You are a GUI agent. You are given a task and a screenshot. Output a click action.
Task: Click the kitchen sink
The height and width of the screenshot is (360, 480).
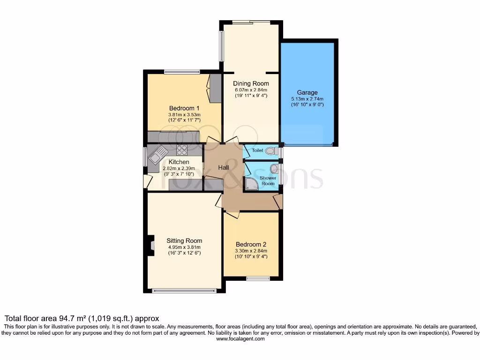point(157,155)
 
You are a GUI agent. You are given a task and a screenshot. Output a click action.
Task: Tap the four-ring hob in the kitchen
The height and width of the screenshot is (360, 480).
point(182,150)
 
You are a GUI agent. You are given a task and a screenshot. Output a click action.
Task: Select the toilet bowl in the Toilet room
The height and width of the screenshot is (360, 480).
point(270,151)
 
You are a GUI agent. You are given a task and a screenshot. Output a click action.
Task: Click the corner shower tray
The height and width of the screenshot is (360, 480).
point(251,184)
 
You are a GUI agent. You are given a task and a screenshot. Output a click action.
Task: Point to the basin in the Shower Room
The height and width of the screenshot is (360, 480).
point(274,168)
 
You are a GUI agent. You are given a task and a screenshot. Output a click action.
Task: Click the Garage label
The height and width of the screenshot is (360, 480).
point(307,93)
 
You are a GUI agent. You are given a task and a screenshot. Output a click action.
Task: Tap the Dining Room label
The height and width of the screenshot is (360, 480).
point(251,83)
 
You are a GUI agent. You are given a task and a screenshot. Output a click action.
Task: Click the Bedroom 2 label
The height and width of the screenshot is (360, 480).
point(251,244)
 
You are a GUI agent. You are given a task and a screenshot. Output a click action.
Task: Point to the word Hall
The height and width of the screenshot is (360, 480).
point(223,167)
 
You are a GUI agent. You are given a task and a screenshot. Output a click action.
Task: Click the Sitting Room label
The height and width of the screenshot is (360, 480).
point(184,241)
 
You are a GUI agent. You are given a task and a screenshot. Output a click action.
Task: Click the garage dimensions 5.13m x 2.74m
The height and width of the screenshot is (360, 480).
point(307,99)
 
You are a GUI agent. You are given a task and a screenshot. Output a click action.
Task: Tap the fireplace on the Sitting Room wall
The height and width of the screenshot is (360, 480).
point(151,245)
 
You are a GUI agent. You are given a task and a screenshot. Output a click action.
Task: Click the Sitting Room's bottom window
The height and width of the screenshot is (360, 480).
point(184,291)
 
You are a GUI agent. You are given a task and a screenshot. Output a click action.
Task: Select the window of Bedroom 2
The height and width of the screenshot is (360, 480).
point(258,279)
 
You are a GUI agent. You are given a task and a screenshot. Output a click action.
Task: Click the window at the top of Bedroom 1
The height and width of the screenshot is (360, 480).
point(182,72)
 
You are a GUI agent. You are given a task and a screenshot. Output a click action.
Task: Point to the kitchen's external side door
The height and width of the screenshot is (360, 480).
point(147,181)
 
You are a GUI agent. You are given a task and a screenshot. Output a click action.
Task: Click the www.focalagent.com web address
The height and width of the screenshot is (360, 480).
point(240,339)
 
